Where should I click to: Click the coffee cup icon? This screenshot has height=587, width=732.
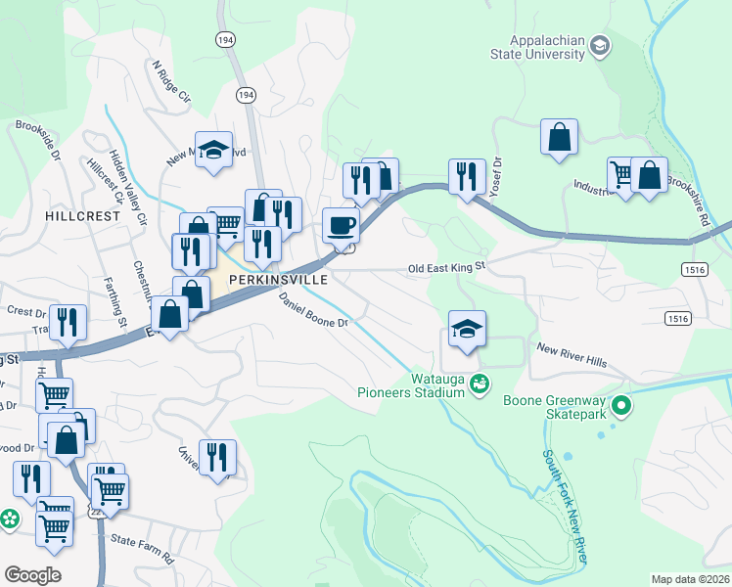click(x=341, y=225)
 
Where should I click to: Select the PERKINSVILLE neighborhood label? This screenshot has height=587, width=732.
click(x=276, y=279)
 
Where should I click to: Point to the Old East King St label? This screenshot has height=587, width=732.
click(x=446, y=267)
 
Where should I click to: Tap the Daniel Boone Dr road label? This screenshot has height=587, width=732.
click(x=312, y=309)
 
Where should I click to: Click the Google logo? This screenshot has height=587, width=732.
click(x=32, y=575)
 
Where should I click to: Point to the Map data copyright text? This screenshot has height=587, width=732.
click(x=691, y=579)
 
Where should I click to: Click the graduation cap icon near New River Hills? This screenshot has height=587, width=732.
click(x=468, y=328)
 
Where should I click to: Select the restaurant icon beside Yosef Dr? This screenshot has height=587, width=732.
click(x=467, y=176)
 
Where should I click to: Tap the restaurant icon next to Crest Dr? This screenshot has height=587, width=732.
click(x=68, y=322)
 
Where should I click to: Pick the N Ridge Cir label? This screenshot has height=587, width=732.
click(x=170, y=82)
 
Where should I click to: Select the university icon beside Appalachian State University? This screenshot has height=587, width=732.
click(x=599, y=45)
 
